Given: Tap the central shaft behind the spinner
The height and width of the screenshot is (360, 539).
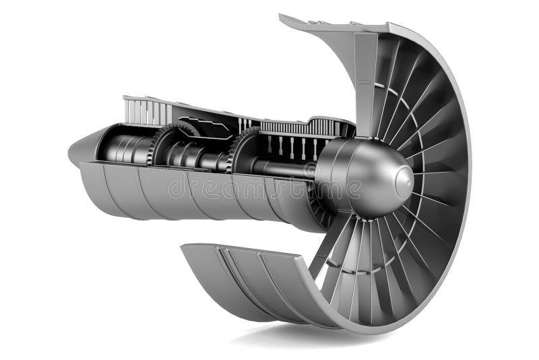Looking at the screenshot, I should (x=283, y=165).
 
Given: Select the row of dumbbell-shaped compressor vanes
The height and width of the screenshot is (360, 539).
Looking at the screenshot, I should (x=290, y=146).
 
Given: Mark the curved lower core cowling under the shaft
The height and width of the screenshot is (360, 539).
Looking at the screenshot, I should (x=202, y=196).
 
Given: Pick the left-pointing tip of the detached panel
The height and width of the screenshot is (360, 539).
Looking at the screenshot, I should (x=183, y=247).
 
